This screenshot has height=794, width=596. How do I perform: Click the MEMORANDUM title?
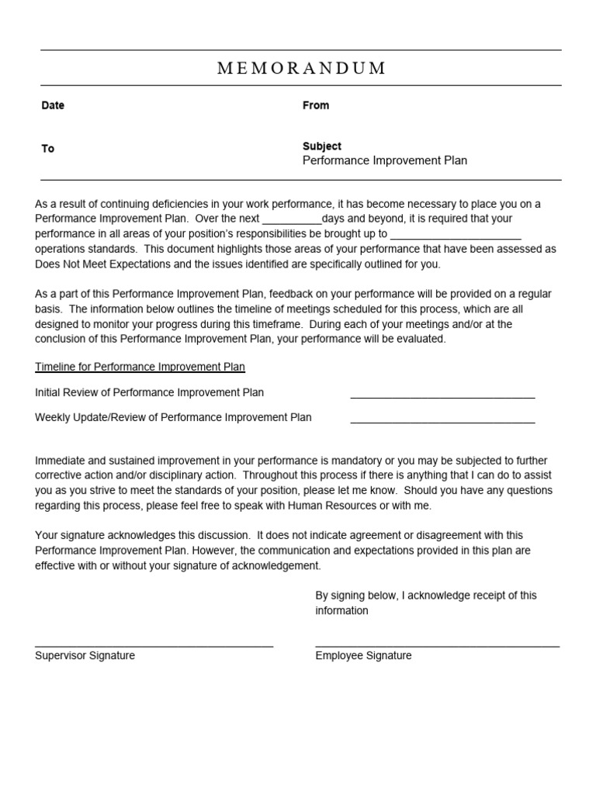pyautogui.click(x=301, y=68)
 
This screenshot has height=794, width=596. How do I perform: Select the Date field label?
pyautogui.click(x=53, y=105)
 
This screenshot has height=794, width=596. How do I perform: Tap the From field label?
pyautogui.click(x=316, y=105)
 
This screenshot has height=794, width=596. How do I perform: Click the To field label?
pyautogui.click(x=48, y=149)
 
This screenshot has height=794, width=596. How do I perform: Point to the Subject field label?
pyautogui.click(x=322, y=146)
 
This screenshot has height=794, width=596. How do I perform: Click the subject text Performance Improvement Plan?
pyautogui.click(x=384, y=161)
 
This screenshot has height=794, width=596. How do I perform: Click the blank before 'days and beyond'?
pyautogui.click(x=292, y=221)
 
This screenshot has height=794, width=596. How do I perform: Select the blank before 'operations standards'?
pyautogui.click(x=456, y=236)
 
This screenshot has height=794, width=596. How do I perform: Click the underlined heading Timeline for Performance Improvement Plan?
pyautogui.click(x=140, y=367)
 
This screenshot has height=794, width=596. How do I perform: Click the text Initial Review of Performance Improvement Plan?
pyautogui.click(x=149, y=392)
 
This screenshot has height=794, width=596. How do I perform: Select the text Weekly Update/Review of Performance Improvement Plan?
pyautogui.click(x=173, y=417)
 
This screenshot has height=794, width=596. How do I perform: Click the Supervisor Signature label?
pyautogui.click(x=85, y=655)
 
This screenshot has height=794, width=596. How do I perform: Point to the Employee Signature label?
pyautogui.click(x=363, y=655)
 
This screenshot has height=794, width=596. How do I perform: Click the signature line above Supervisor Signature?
pyautogui.click(x=154, y=644)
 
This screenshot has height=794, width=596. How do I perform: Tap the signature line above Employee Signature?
pyautogui.click(x=437, y=644)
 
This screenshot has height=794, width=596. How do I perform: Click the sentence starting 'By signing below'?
pyautogui.click(x=425, y=595)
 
